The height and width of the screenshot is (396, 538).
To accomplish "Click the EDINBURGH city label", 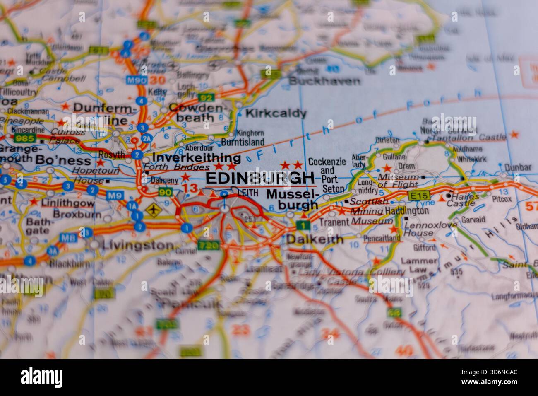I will tap(259, 178).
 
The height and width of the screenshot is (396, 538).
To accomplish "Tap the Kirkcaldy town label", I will tap(276, 113).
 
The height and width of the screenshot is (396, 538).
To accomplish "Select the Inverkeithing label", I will tap(197, 158).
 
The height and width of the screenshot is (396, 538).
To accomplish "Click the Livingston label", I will tap(132, 245).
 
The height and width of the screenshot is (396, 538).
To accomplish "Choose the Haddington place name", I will tap(406, 211).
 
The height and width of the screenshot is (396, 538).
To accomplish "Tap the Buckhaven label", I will tap(324, 81).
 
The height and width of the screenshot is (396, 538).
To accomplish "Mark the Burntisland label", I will tap(243, 142).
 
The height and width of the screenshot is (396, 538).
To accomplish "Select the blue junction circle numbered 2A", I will tap(146, 138).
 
